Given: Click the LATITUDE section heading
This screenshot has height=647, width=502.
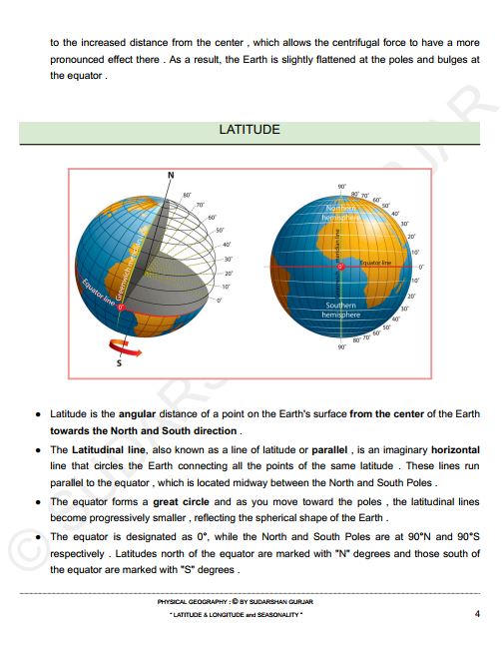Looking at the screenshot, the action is [250, 131].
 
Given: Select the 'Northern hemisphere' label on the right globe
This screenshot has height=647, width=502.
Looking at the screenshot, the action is [339, 214].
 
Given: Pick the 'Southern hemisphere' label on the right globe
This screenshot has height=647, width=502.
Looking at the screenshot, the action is [340, 310].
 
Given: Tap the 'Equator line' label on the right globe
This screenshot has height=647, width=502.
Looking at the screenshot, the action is [375, 262].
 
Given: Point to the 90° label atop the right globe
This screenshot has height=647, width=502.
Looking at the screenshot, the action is [341, 187].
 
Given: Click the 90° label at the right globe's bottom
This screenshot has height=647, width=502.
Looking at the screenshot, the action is [341, 347].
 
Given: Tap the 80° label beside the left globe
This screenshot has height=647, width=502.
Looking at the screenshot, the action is [187, 195].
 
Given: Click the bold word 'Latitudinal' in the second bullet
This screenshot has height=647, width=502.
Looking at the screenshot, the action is [101, 450].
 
